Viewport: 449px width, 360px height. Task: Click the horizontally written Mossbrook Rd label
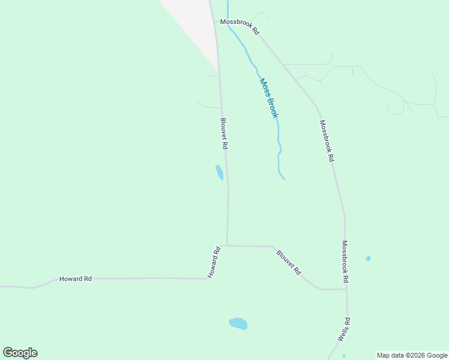coord(239,26)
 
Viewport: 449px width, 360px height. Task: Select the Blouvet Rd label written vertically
coord(224,134)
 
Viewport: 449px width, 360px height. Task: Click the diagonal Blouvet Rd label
coord(289,262)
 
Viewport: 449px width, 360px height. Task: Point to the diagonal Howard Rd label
coord(215,262)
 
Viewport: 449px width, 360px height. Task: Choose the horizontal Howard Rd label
coord(75,279)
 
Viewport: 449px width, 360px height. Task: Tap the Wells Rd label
coord(343,329)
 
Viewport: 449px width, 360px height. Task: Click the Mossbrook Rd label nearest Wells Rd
coord(345,262)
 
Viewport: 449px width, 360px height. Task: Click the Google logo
coord(20,353)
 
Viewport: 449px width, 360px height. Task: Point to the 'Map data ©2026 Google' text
coord(412,355)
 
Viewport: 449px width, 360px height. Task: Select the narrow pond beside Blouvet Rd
coord(220,172)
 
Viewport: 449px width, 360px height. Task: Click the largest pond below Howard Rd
coord(238,323)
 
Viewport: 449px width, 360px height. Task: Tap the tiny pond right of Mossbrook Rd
coord(368,259)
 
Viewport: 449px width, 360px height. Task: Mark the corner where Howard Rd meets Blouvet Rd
coord(227,245)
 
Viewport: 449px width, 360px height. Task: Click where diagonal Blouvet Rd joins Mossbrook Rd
coord(346,289)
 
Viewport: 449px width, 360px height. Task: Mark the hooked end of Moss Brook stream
coord(282,177)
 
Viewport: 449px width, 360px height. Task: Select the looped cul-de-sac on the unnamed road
coord(396,109)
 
